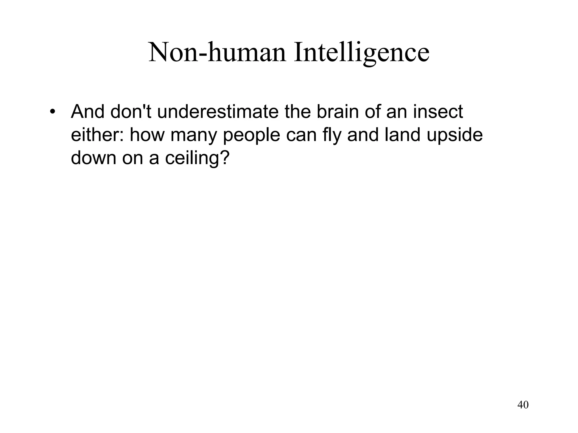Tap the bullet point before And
[52, 112]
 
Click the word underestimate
[218, 112]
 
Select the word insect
[438, 112]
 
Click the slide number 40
[523, 405]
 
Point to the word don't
[131, 112]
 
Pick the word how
[147, 135]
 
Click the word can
[301, 135]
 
